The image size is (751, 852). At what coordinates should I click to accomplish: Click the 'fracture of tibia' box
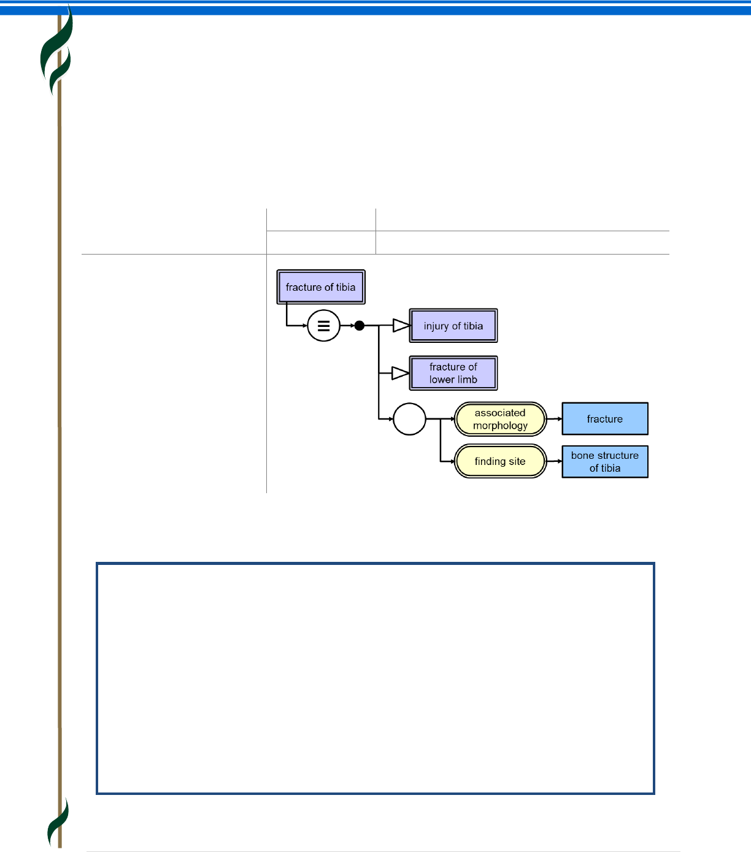[321, 287]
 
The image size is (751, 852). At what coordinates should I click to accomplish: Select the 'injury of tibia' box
[453, 326]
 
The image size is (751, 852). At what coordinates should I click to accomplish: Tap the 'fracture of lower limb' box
[453, 373]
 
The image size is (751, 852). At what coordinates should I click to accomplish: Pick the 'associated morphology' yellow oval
[500, 419]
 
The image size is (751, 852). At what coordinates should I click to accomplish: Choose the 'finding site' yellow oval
[500, 461]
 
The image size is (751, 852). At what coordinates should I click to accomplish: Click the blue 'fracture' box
[605, 419]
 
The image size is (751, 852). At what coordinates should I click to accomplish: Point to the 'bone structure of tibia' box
[605, 461]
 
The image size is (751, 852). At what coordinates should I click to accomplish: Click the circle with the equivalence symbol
[323, 326]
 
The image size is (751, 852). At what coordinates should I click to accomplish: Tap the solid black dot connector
[360, 326]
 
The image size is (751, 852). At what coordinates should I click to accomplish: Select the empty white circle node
[409, 419]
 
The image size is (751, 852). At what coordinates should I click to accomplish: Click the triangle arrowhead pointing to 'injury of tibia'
[401, 326]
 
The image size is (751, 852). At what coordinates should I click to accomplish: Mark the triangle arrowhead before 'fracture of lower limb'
[401, 373]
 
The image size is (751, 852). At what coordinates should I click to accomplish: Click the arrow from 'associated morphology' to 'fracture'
[554, 419]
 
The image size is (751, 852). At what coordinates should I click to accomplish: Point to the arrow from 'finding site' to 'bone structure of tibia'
[554, 461]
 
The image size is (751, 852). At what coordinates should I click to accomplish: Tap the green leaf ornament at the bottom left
[58, 822]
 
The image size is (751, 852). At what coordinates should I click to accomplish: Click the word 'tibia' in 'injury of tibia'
[473, 326]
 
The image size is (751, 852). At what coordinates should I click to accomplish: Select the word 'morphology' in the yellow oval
[500, 426]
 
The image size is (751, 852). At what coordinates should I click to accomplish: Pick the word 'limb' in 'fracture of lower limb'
[467, 380]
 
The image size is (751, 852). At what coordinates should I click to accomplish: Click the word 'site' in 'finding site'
[517, 461]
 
